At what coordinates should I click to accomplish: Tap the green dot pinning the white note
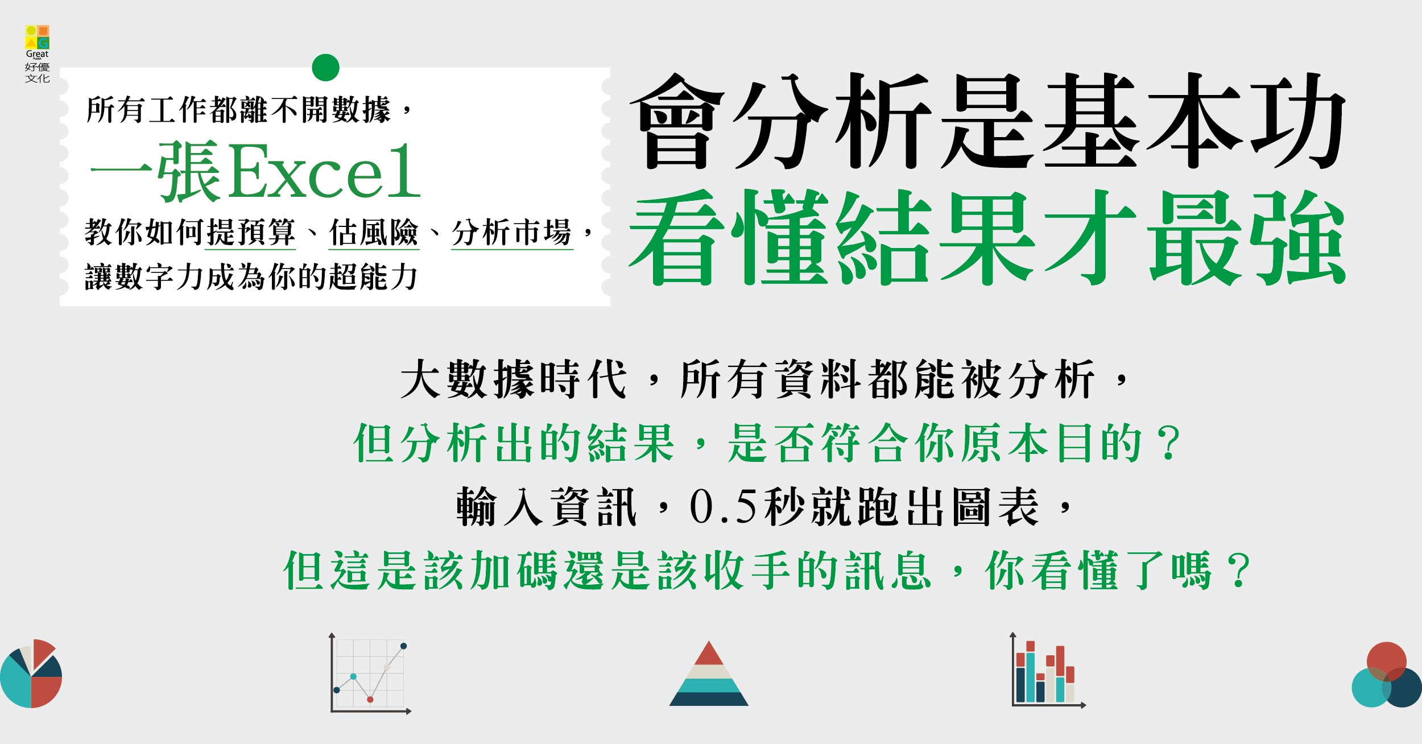[x=325, y=68]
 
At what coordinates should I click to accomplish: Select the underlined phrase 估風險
[x=374, y=233]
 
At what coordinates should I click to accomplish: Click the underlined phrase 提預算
[x=250, y=233]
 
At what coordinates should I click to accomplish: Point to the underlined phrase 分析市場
[x=512, y=233]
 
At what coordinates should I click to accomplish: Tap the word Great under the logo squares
[x=38, y=54]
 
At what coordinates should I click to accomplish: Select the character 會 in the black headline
[x=677, y=121]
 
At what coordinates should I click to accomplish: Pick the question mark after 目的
[x=1171, y=443]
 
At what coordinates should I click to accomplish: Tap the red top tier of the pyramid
[x=709, y=654]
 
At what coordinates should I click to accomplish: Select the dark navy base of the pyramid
[x=709, y=698]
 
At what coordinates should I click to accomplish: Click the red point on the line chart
[x=370, y=699]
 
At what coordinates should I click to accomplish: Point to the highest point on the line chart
[x=404, y=646]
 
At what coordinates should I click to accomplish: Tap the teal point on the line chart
[x=353, y=676]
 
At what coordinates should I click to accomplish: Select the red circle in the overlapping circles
[x=1386, y=662]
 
